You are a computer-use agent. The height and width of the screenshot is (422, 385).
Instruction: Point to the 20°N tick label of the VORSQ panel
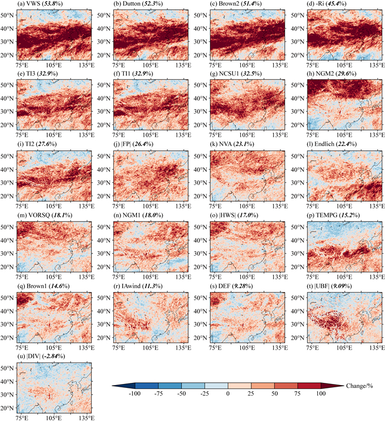click(x=8, y=267)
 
